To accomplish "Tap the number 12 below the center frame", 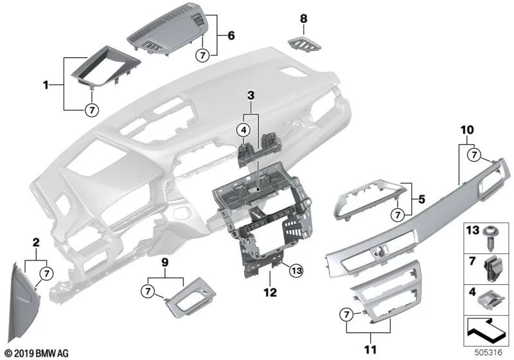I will coord(270,292).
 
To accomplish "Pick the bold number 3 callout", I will coord(251,96).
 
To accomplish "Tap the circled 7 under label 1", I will coord(91,110).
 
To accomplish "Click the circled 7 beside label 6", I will coord(203,55).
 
